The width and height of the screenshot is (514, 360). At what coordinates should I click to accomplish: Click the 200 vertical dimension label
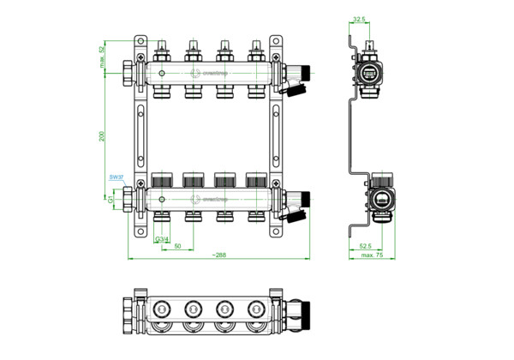click(102, 137)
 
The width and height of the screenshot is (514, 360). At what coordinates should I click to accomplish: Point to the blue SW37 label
click(117, 177)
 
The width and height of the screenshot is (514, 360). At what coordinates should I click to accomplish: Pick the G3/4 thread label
click(160, 237)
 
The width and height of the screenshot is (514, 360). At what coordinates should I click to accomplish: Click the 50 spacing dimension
click(177, 246)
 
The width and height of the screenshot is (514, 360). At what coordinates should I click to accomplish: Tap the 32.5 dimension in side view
click(360, 19)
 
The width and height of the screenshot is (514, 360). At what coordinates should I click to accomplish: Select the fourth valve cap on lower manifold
click(254, 182)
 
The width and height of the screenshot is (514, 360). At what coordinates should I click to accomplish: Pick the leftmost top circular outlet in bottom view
click(162, 308)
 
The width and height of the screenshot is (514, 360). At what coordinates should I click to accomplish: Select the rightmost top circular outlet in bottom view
click(254, 308)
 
